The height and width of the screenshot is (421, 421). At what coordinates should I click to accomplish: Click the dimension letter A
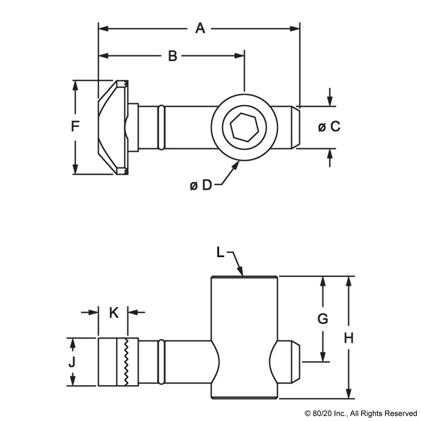[x=200, y=28]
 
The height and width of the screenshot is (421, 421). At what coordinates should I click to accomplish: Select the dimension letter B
[x=173, y=56]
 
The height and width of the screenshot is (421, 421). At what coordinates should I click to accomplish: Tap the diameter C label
[x=330, y=126]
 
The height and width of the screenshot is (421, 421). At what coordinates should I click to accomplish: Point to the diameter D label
[x=201, y=186]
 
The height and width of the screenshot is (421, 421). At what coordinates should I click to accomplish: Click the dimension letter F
[x=75, y=126]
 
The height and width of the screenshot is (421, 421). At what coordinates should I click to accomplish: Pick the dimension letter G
[x=323, y=318]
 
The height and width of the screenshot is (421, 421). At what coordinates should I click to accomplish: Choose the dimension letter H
[x=348, y=338]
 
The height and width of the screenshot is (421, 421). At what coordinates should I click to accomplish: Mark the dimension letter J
[x=72, y=362]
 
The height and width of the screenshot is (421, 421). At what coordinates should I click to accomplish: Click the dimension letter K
[x=114, y=313]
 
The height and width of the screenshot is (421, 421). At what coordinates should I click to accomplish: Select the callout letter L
[x=220, y=252]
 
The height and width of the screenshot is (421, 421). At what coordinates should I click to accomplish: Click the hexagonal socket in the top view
[x=244, y=127]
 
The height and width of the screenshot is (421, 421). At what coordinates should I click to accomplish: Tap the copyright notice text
[x=361, y=413]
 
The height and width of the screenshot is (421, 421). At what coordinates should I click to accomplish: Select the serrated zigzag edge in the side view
[x=125, y=362]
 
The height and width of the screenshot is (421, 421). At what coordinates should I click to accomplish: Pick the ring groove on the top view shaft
[x=162, y=127]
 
